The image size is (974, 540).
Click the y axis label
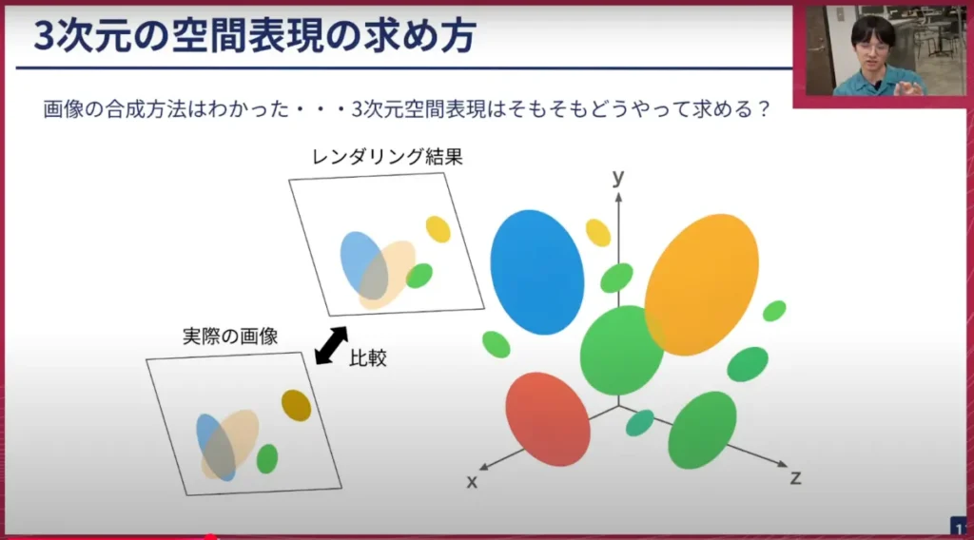(x=618, y=177)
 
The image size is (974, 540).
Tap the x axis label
(x=472, y=482)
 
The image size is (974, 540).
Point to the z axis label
(x=795, y=477)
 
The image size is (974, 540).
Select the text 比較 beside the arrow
(x=368, y=358)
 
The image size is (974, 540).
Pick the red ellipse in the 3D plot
(x=547, y=419)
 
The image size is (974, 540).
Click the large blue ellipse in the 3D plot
(x=537, y=272)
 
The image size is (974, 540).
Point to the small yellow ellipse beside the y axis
(x=597, y=232)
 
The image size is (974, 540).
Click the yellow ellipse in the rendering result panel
(x=438, y=229)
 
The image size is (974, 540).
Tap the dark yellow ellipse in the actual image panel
(x=296, y=405)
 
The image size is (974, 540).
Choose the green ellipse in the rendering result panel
(x=419, y=276)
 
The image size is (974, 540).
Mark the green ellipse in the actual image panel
(x=267, y=458)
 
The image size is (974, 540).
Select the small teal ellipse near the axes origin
(x=639, y=423)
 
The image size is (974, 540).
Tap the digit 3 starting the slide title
(x=45, y=35)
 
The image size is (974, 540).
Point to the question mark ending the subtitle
(x=760, y=109)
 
